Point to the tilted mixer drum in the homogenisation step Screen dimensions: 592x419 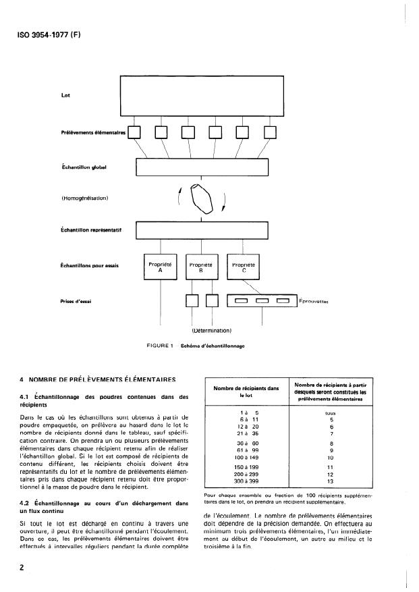pyautogui.click(x=202, y=197)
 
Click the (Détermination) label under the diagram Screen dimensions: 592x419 pyautogui.click(x=212, y=331)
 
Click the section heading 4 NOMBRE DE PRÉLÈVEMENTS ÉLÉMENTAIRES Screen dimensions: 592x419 pyautogui.click(x=94, y=379)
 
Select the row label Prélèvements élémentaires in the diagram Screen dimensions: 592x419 pyautogui.click(x=93, y=133)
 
